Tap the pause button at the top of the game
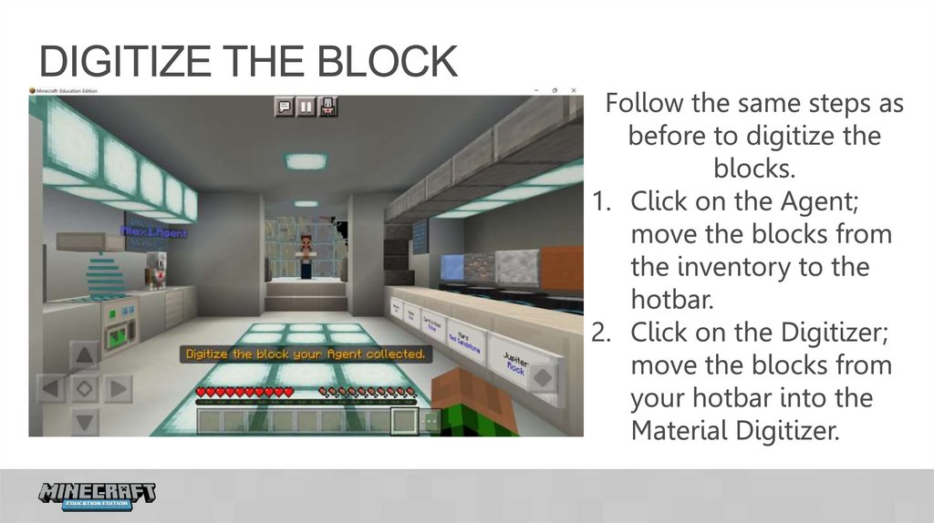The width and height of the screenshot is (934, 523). [x=306, y=107]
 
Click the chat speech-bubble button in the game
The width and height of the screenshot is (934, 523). [x=285, y=107]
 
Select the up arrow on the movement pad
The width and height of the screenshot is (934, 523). [x=84, y=355]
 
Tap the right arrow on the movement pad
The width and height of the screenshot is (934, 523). [x=116, y=388]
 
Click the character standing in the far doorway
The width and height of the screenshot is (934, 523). [x=306, y=255]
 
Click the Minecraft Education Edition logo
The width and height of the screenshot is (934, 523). [x=97, y=496]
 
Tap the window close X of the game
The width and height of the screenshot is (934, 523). [x=574, y=91]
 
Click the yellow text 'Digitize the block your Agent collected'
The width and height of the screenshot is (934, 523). [x=306, y=354]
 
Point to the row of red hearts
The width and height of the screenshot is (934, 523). [x=244, y=392]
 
